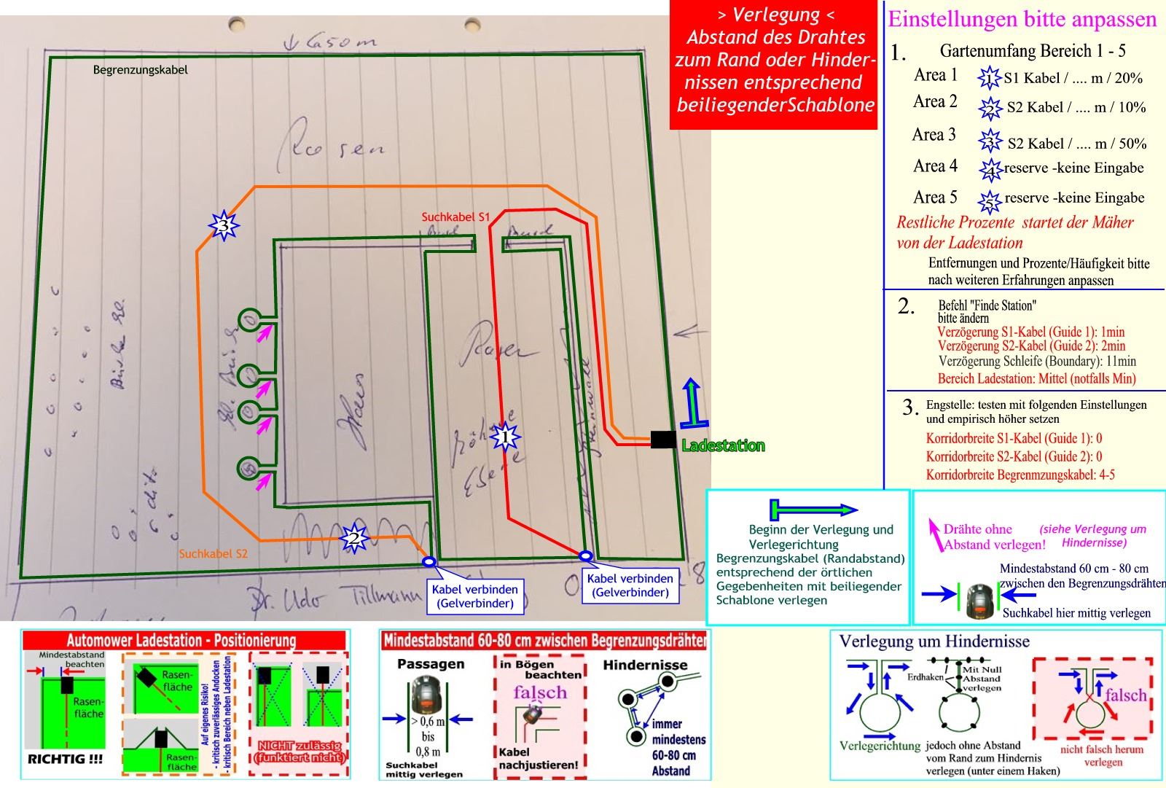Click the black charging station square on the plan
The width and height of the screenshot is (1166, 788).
662,440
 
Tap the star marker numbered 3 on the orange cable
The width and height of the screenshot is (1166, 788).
224,226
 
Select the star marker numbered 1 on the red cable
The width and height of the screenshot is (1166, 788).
504,437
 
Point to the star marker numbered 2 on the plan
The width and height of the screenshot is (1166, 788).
354,539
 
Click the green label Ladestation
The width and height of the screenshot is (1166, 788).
723,445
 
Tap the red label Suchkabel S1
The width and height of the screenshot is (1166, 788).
455,217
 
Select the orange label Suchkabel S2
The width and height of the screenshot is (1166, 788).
213,554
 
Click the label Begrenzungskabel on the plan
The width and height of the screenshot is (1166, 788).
140,70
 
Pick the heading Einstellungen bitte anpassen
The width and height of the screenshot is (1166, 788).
1022,19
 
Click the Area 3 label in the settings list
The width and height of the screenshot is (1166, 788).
934,135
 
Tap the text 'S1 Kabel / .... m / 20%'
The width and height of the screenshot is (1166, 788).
1073,78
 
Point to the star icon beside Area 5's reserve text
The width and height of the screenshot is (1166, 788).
989,200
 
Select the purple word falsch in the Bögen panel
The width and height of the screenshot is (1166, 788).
539,693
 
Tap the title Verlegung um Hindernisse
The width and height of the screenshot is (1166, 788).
934,641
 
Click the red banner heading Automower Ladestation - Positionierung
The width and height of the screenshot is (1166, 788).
181,641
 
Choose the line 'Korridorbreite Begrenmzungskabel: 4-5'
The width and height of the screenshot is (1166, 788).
1020,475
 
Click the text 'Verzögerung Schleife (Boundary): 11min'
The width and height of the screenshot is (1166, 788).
1036,361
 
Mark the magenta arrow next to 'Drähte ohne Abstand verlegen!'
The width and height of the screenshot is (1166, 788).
933,534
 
